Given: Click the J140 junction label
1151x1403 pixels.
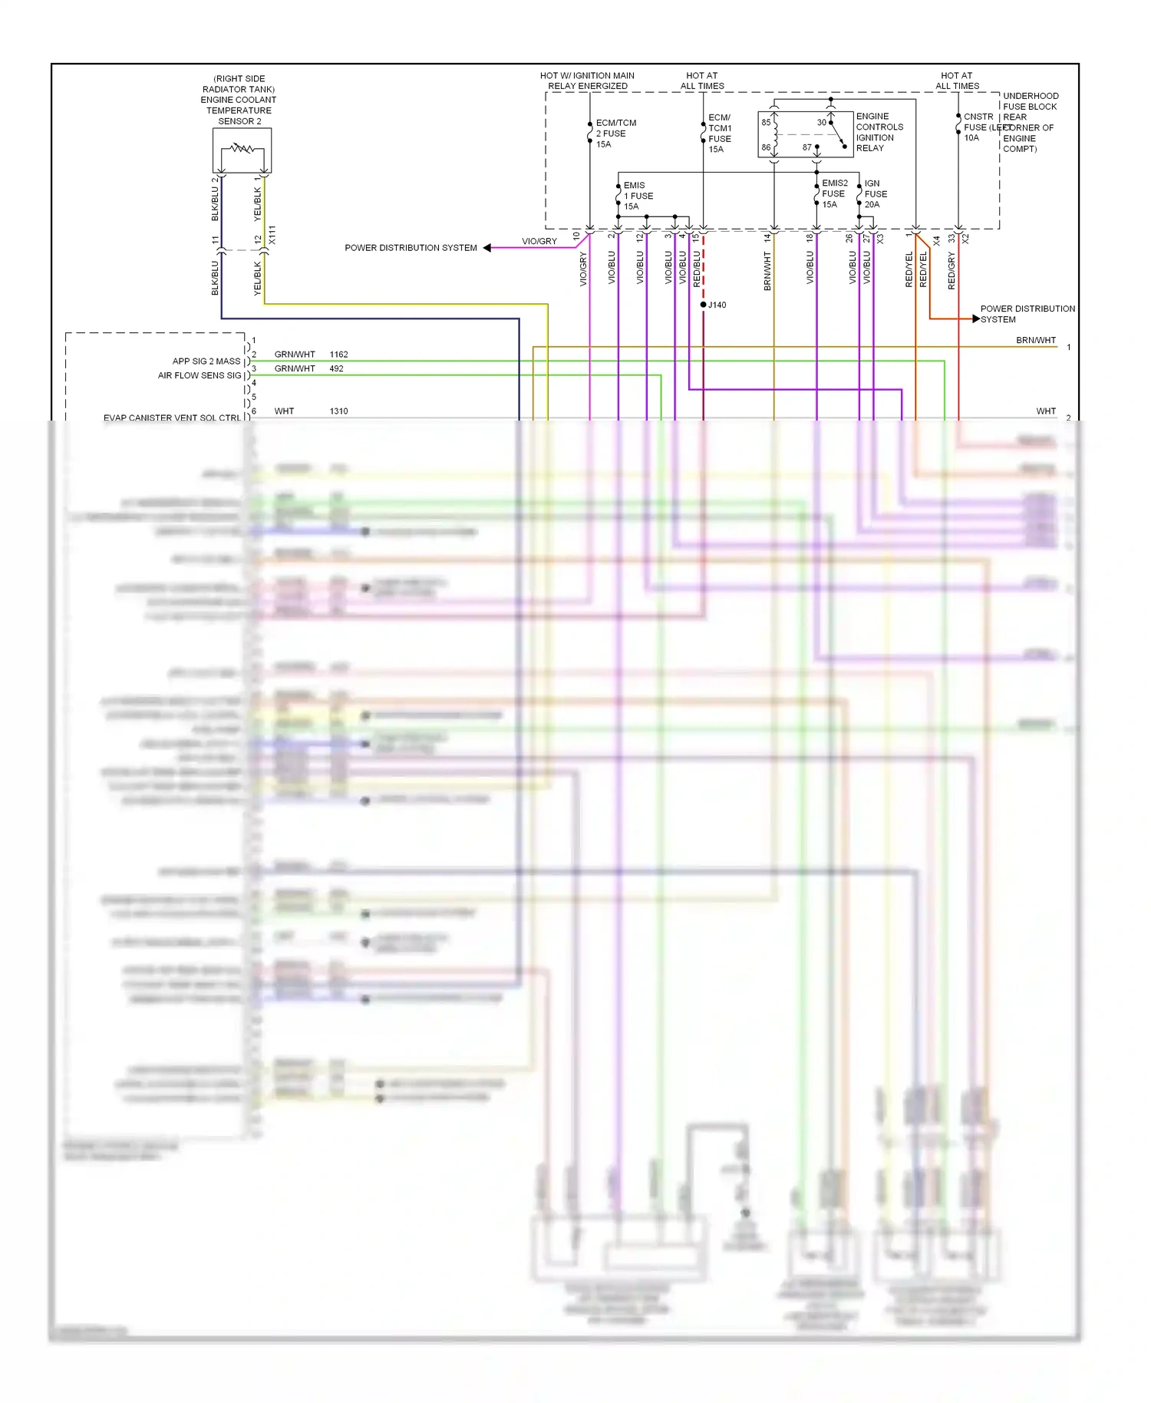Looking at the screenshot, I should coord(717,305).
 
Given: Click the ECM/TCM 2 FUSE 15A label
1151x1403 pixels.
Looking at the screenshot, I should coord(615,134).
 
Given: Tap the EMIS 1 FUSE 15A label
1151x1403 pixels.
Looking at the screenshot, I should coord(638,196).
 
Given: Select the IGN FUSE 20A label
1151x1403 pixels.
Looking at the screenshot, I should coord(875,194).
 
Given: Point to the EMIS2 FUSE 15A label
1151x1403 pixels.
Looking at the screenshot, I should coord(834,193).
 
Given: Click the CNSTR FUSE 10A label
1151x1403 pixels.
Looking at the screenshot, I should coord(978,127).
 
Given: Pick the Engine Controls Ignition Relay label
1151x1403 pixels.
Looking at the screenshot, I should coord(879,132).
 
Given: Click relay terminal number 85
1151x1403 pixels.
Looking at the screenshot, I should coord(766,122).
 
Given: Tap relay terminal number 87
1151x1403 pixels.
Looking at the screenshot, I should coord(806,147).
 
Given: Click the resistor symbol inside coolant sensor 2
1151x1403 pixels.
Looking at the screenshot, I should coord(242,147).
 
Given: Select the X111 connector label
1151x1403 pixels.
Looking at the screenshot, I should coord(272,235).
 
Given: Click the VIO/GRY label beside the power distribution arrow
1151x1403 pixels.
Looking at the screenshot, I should coord(539,241).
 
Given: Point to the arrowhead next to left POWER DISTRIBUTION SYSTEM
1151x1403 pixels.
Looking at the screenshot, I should coord(486,248).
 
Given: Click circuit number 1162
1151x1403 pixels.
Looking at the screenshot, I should coord(338,355).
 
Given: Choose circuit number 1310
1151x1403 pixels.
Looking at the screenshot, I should coord(338,411).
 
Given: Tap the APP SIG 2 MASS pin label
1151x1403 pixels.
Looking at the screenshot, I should coord(206,361).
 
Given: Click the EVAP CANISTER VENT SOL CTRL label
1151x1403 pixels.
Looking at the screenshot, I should coord(172,418).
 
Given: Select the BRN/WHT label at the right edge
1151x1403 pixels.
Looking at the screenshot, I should coord(1035,340).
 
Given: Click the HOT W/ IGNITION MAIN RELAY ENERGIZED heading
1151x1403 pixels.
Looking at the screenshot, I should coord(587,81).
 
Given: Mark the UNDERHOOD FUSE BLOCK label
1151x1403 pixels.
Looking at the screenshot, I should coord(1030,101).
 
